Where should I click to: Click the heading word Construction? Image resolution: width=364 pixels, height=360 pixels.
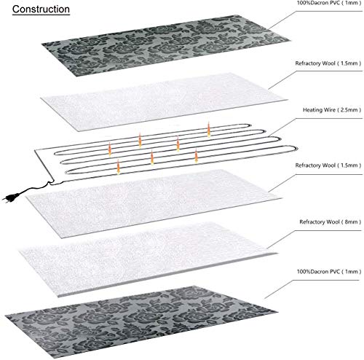[41, 9]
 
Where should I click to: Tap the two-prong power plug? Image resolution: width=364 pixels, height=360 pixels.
[9, 197]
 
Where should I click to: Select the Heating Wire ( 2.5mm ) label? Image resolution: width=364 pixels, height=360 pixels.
[332, 110]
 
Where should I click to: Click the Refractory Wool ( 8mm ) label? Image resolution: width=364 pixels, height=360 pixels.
[331, 222]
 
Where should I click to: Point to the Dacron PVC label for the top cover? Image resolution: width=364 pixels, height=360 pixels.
[329, 3]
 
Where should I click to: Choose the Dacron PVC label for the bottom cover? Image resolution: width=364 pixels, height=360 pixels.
[329, 272]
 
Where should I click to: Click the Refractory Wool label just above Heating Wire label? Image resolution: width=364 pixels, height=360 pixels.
[328, 63]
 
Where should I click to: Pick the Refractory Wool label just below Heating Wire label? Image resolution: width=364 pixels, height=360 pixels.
[328, 165]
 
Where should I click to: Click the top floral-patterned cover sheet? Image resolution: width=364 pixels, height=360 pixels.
[165, 45]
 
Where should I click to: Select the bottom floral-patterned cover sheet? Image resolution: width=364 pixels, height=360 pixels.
[141, 322]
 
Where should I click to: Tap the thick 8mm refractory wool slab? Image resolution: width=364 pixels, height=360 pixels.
[148, 259]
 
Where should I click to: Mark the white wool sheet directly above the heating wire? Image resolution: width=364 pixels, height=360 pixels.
[164, 102]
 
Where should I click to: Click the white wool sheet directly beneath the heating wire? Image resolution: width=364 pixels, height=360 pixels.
[154, 203]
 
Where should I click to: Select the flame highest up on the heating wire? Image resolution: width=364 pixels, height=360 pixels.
[209, 130]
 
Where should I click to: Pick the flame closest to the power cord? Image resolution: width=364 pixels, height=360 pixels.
[118, 167]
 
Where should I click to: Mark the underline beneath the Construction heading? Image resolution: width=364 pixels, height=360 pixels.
[41, 15]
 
